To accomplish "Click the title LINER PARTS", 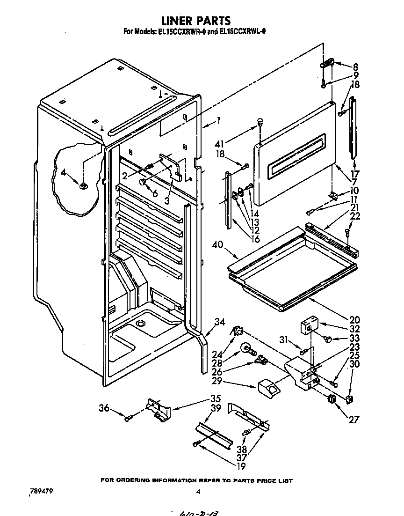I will coord(196,21).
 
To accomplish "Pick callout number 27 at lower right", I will coord(353,419).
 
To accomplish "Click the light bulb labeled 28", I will coord(246,348).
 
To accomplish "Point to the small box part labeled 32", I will coord(308,324).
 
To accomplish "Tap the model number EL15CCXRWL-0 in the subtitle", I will coord(240,32).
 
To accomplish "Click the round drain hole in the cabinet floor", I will coord(139,324).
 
